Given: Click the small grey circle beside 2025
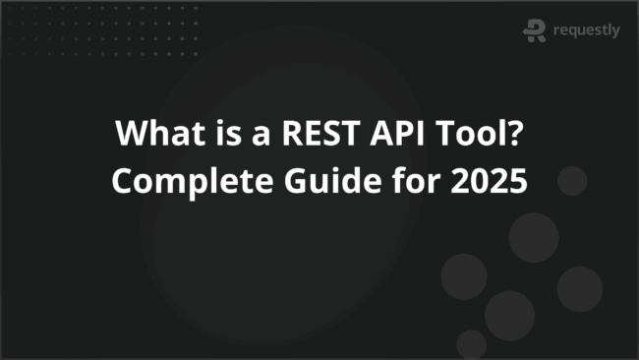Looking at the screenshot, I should pos(571,181).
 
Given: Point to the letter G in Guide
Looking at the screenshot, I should pos(279,182).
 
